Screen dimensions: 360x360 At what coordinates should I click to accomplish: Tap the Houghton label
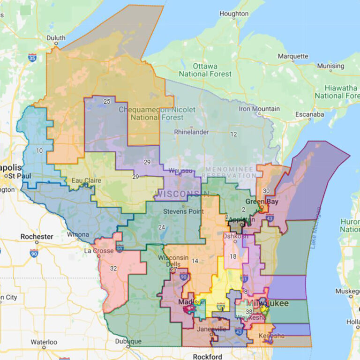point(234,14)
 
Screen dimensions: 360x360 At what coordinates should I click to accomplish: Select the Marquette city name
point(293,56)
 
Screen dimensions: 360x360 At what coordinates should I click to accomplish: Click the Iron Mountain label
point(259,109)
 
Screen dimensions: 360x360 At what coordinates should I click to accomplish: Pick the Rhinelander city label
point(191,132)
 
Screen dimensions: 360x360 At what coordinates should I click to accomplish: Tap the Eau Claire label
point(86,180)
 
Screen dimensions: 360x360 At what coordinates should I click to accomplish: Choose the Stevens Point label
point(183,211)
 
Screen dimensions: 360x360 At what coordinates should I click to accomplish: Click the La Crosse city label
point(99,251)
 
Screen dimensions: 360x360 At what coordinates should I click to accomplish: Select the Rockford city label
point(207,356)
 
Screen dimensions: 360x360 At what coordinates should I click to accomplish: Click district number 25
point(107,101)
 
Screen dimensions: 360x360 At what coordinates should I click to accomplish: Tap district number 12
point(233,134)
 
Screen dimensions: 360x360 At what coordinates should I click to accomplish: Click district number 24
point(162,227)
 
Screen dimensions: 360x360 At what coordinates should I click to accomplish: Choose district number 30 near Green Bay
point(266,191)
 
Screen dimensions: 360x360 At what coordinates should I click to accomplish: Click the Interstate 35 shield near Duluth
point(32,58)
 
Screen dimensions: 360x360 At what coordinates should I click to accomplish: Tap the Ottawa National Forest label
point(205,70)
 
